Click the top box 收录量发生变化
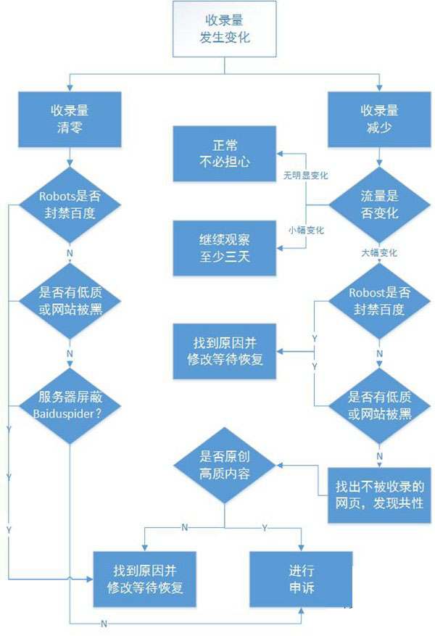(x=224, y=30)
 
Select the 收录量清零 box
(x=69, y=117)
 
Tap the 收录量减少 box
(x=381, y=117)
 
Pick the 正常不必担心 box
(x=224, y=154)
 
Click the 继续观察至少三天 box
(x=224, y=248)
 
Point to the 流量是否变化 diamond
(x=381, y=205)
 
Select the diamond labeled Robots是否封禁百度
(x=69, y=205)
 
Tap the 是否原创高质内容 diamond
(x=225, y=466)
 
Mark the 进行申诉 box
(x=301, y=579)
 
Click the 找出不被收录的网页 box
(x=379, y=495)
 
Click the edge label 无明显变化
(x=306, y=176)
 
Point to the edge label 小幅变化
(x=306, y=230)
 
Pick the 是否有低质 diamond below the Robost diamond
(x=381, y=405)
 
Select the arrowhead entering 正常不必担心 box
(x=281, y=154)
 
